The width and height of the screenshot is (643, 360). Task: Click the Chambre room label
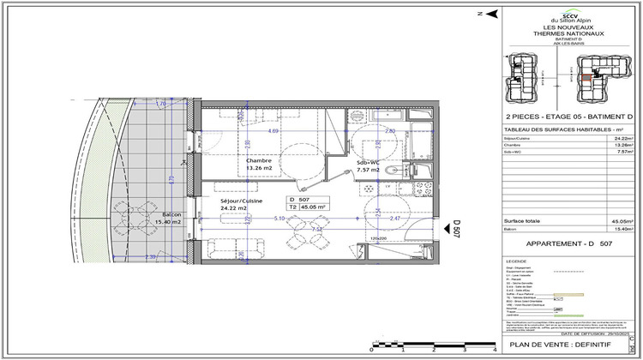pos(259,161)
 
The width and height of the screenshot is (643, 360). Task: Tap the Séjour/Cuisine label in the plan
pos(241,201)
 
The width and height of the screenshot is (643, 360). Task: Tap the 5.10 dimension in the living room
pos(279,219)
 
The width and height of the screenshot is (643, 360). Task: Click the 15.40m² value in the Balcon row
pos(621,229)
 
